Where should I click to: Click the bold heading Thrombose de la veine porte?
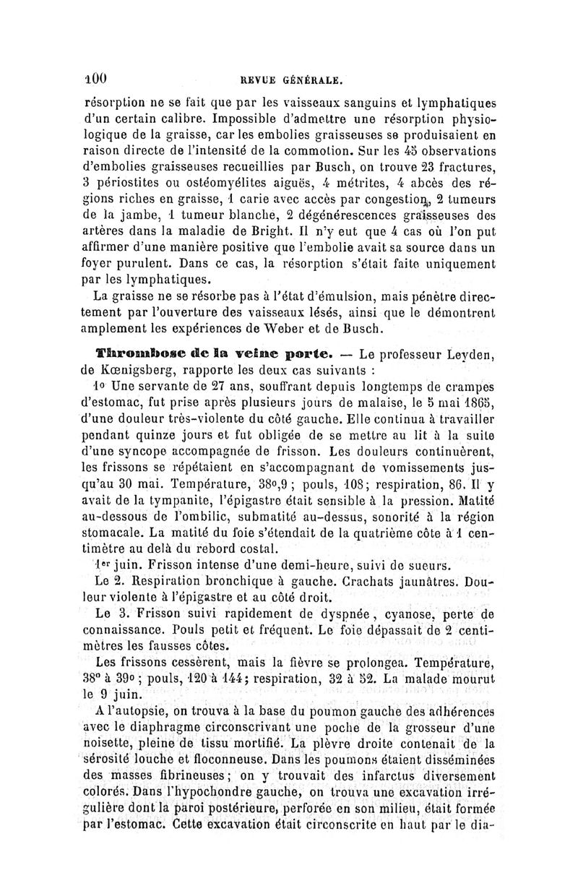point(208,354)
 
